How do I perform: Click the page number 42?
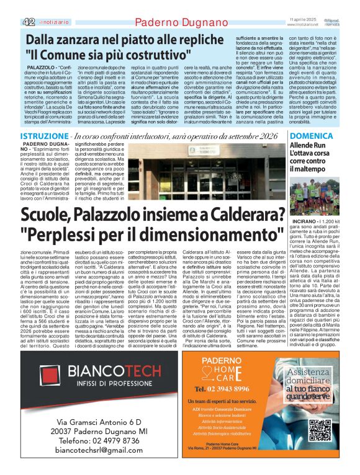(x=28, y=22)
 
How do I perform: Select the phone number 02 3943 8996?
(x=226, y=406)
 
